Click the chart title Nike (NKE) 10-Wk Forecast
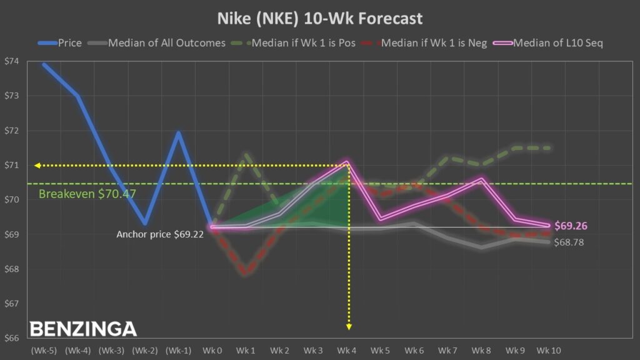319,18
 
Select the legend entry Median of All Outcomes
166,43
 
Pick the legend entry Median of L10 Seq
558,43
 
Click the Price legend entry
69,43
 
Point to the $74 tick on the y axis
12,61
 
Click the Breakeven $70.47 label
87,194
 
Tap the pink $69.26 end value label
571,226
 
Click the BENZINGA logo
83,329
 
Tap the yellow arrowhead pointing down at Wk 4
348,326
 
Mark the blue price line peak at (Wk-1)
178,132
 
